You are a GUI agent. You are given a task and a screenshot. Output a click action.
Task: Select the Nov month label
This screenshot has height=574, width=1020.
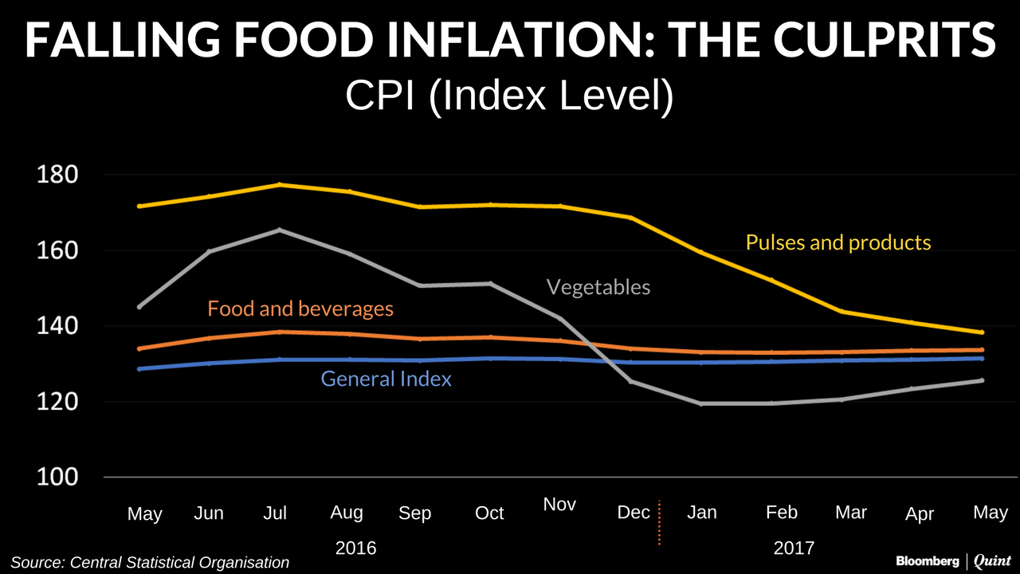(x=559, y=505)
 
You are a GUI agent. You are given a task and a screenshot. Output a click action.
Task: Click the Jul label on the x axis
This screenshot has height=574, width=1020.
(x=275, y=513)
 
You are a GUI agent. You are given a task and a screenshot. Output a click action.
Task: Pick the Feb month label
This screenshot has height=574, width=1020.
(x=781, y=512)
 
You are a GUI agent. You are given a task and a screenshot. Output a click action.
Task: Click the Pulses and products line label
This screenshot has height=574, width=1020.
(x=838, y=242)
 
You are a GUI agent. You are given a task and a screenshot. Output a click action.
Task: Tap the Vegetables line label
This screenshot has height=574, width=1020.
(x=598, y=287)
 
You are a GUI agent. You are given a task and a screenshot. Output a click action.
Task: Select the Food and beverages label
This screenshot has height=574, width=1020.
(x=300, y=309)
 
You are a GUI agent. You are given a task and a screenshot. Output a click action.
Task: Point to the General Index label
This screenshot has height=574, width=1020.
(x=386, y=379)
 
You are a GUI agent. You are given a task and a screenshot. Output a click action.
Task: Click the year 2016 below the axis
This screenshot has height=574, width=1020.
(x=355, y=548)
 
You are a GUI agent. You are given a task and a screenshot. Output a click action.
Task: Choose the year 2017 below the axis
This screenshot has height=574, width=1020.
(x=794, y=548)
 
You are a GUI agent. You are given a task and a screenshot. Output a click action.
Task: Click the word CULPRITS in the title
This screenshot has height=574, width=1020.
(x=900, y=39)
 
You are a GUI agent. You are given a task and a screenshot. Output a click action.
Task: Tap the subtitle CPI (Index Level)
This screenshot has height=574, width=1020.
(x=509, y=96)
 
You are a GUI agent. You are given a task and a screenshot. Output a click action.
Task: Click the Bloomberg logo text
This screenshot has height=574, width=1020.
(x=928, y=561)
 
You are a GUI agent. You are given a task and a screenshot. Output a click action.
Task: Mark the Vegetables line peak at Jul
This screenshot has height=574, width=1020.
(x=279, y=230)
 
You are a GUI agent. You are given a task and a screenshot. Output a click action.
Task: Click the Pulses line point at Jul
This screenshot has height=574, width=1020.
(x=279, y=185)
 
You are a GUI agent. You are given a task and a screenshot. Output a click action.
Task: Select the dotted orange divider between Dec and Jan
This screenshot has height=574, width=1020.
(x=660, y=523)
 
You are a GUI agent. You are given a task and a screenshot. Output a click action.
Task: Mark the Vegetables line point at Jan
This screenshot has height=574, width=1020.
(x=702, y=403)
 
